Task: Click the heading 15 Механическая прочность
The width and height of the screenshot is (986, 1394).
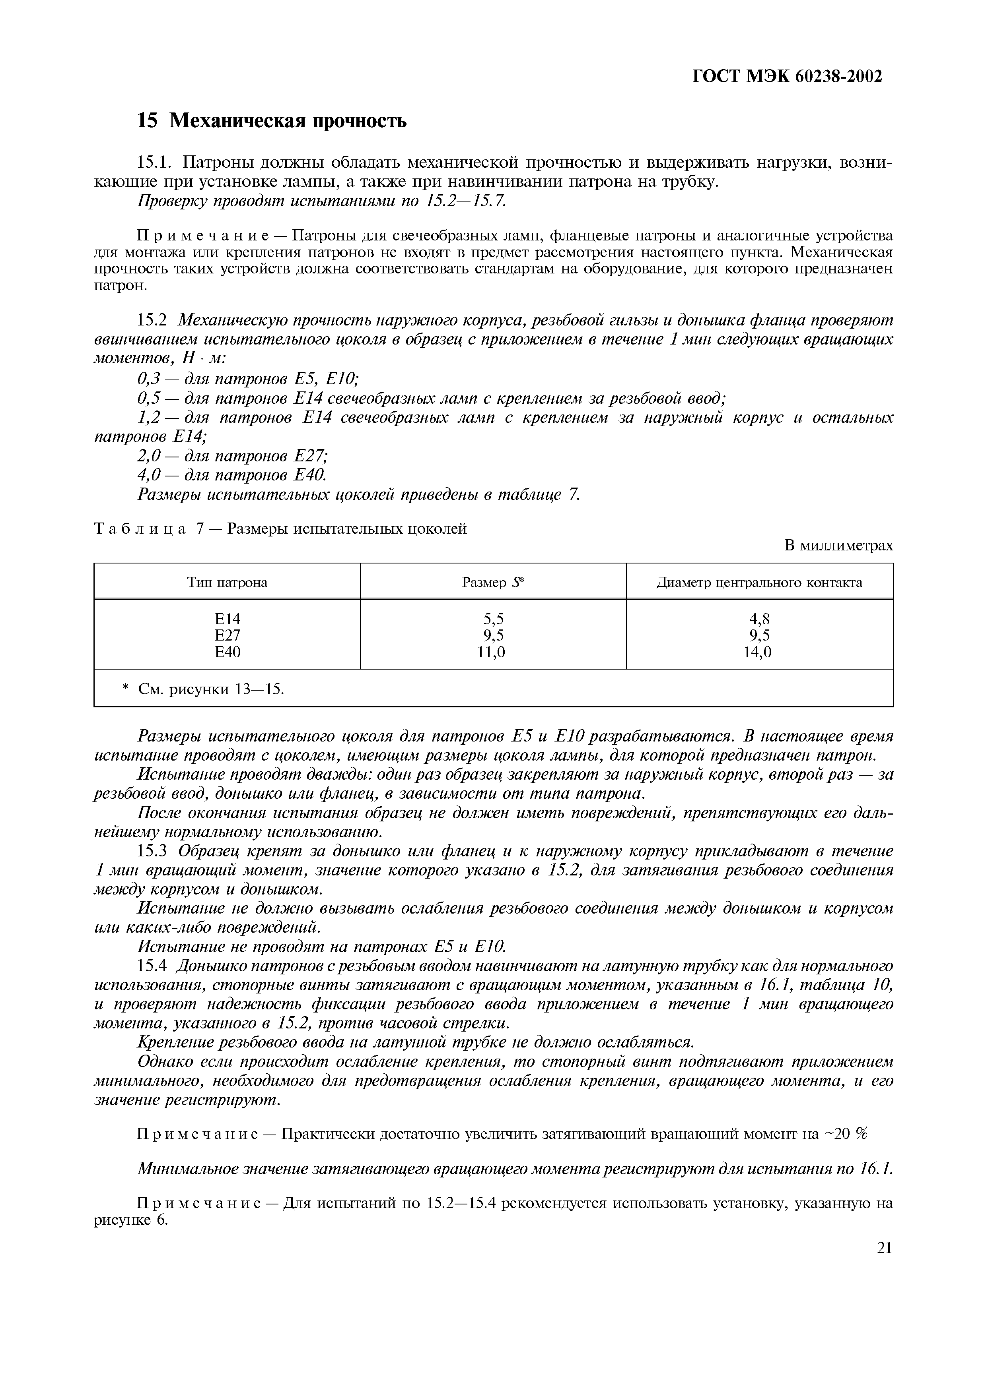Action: [272, 121]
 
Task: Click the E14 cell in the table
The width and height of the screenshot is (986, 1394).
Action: [228, 619]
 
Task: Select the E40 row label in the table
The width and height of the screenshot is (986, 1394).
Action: [228, 652]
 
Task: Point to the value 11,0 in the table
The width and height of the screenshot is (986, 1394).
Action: [493, 652]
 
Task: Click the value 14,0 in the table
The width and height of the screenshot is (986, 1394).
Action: [759, 652]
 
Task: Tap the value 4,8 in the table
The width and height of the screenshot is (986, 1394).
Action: [759, 619]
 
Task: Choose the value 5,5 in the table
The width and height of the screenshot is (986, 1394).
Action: [493, 619]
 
